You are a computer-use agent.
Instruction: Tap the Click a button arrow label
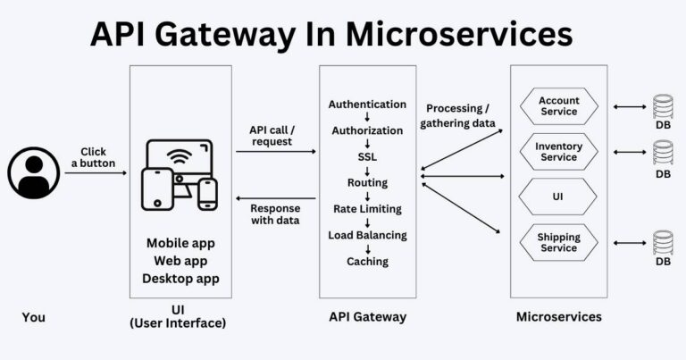point(93,158)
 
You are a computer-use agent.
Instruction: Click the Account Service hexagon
point(559,106)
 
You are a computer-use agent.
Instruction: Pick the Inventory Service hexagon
point(559,152)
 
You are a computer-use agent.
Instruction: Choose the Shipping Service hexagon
point(559,242)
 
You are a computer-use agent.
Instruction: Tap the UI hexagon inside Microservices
point(559,196)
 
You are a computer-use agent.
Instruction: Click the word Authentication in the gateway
point(367,105)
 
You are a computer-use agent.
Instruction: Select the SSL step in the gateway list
point(367,156)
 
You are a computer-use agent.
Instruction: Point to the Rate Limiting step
point(367,209)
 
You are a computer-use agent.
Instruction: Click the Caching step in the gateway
point(367,262)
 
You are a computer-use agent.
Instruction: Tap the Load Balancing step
point(367,235)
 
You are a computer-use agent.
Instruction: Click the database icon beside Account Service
point(663,106)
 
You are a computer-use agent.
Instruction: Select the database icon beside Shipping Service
point(663,243)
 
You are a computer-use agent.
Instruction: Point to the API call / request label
point(272,136)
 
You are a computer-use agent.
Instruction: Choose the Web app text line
point(180,261)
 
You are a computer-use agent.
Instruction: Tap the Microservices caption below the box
point(559,316)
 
